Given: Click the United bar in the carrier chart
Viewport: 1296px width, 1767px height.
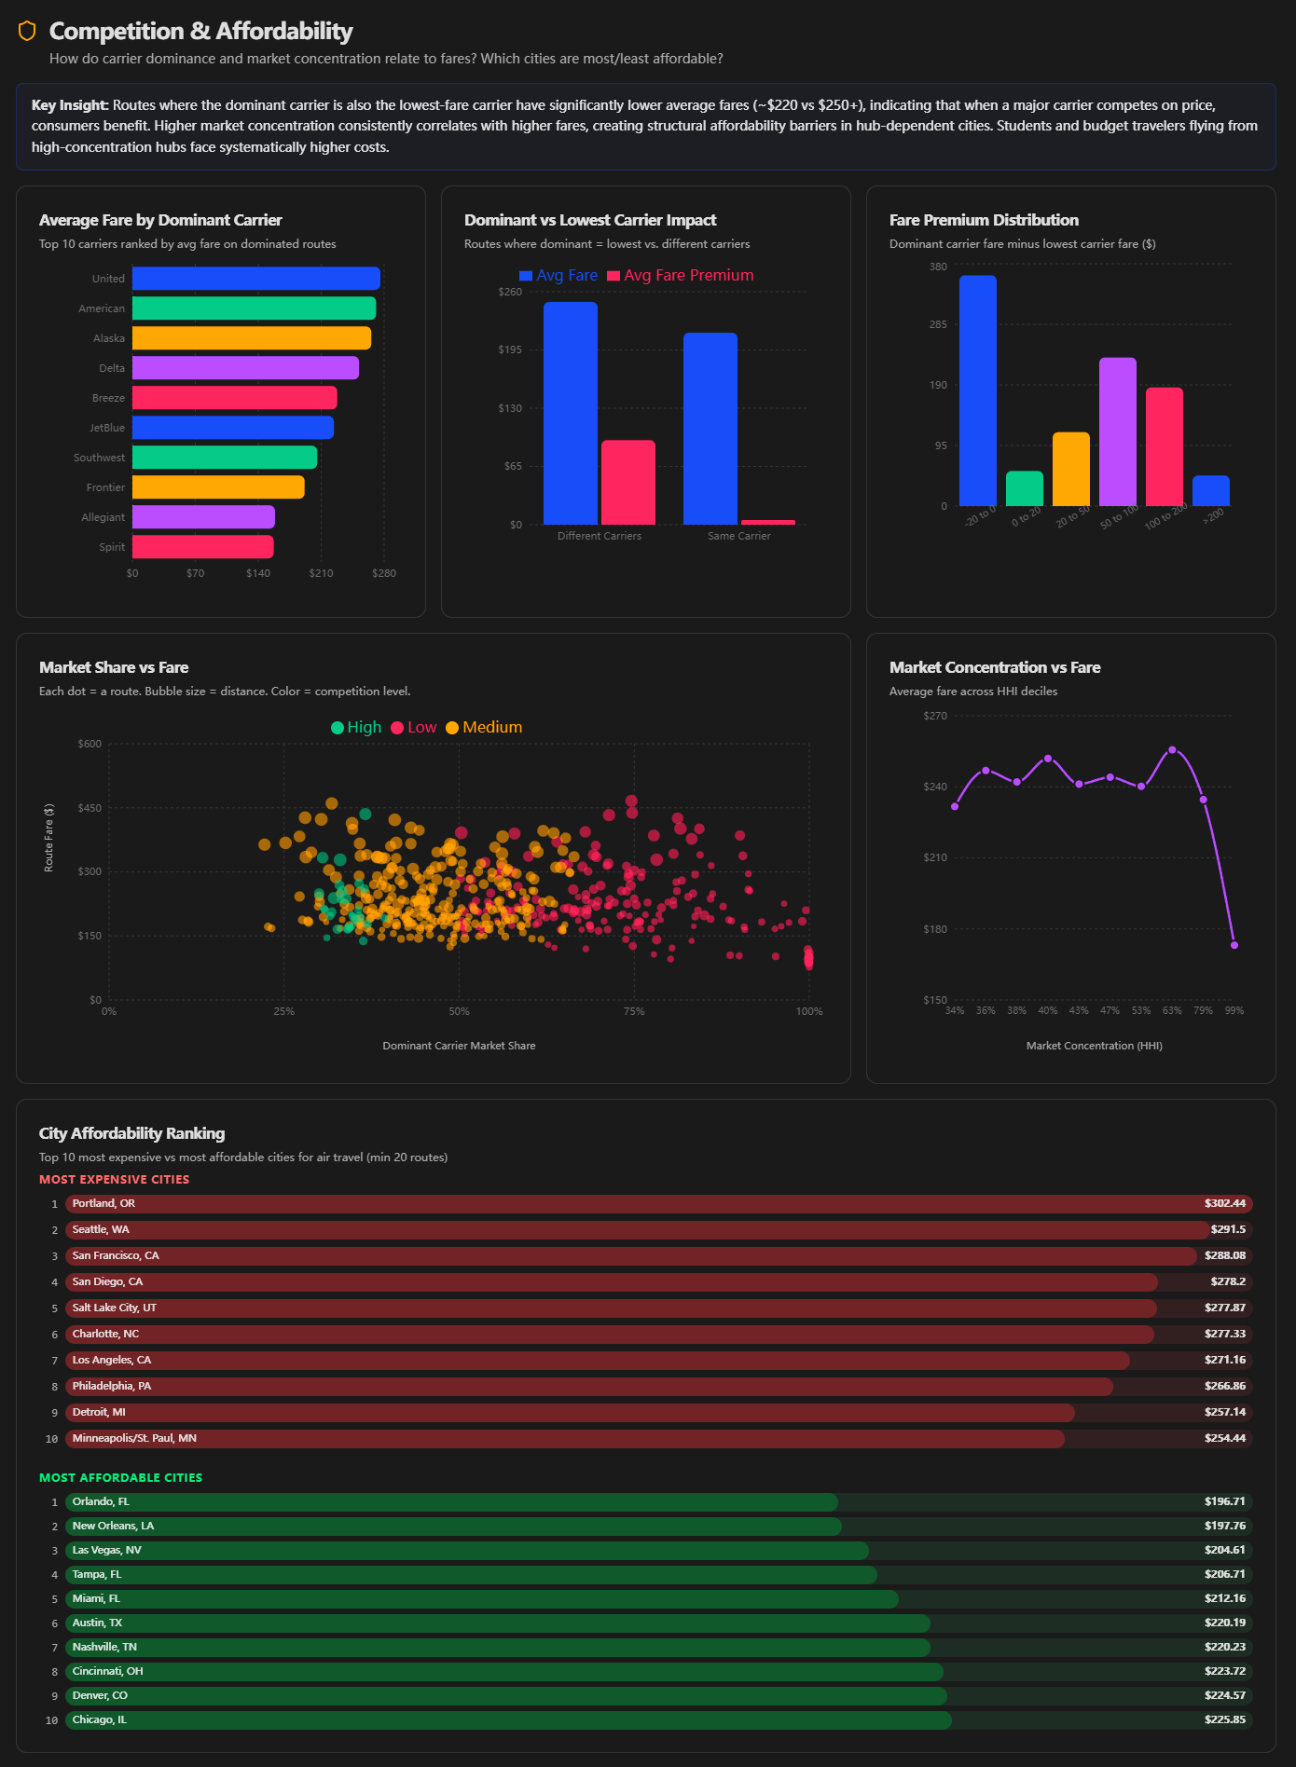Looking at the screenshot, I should [255, 279].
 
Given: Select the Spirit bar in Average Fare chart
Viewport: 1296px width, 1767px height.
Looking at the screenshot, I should [202, 547].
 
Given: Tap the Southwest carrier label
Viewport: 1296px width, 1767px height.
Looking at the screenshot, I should [99, 458].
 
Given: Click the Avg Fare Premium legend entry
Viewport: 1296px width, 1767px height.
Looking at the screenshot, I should [681, 276].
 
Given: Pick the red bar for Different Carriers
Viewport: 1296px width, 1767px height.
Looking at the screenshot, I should [628, 482].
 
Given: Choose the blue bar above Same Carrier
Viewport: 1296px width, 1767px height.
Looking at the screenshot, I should [710, 429].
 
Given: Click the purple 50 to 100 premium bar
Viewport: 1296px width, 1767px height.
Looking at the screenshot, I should [1117, 431].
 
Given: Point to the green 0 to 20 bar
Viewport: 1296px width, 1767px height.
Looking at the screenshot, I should [1024, 488].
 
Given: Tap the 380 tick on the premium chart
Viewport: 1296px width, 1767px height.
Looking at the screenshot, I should [938, 267].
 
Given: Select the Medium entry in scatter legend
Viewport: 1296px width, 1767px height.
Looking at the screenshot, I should [484, 728].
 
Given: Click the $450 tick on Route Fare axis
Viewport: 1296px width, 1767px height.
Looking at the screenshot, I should [90, 808].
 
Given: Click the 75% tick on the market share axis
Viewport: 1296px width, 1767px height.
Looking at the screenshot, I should [634, 1011].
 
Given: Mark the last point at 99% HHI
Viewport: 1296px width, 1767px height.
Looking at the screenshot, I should [1234, 945].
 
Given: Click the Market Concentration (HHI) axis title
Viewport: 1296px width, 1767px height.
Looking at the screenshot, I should [1094, 1046].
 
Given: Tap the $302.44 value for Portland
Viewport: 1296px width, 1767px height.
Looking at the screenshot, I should [1224, 1203].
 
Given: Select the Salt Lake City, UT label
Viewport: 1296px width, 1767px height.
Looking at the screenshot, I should [114, 1308].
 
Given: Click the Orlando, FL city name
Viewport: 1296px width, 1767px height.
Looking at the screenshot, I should [101, 1501].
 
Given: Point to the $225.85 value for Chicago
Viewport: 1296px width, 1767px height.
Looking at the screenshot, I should [1224, 1719].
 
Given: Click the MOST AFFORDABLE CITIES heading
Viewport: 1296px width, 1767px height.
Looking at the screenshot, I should [120, 1477].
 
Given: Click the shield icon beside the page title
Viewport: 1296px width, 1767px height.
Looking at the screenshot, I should [27, 31].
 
